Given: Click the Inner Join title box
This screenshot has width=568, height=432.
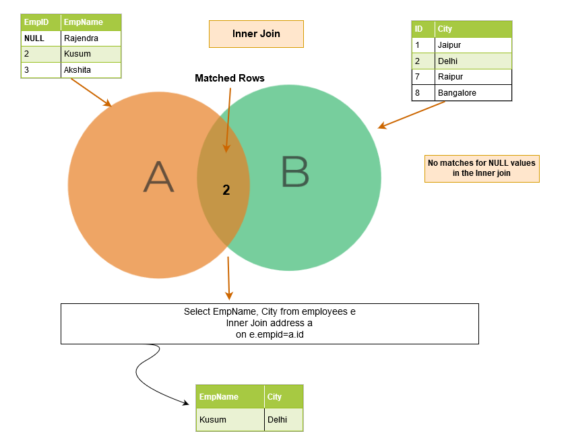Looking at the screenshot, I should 256,34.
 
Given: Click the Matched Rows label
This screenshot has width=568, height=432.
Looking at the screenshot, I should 230,78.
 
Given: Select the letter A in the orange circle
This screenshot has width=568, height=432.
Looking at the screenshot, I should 158,177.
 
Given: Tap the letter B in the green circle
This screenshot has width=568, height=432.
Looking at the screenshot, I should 295,171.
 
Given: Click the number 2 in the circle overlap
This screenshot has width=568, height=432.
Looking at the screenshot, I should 226,191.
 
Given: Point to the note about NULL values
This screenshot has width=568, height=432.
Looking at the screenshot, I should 482,168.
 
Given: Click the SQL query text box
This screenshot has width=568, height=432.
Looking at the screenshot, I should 270,323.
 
